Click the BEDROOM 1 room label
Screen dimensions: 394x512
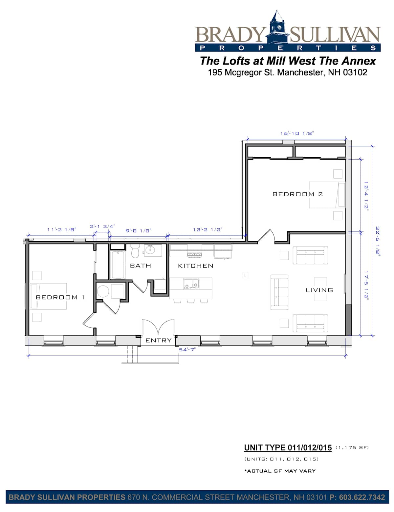(60, 297)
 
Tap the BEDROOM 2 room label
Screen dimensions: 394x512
(297, 194)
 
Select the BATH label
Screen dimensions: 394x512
(141, 266)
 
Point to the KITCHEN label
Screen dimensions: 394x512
(196, 266)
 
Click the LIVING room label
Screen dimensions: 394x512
(319, 290)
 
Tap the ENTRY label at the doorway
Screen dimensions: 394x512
(158, 340)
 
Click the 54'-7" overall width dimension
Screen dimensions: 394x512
(187, 350)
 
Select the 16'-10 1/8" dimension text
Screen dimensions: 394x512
(297, 133)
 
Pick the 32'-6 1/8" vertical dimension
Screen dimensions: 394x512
(378, 241)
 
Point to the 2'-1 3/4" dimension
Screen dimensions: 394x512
(102, 226)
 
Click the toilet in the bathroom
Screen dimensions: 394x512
(135, 251)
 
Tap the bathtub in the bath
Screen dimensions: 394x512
(118, 265)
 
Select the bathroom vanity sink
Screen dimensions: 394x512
(150, 250)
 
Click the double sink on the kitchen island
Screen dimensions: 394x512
(191, 284)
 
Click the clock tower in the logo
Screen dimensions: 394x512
(278, 27)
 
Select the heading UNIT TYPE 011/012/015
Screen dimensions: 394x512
(288, 448)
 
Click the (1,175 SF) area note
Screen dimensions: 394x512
(352, 447)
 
